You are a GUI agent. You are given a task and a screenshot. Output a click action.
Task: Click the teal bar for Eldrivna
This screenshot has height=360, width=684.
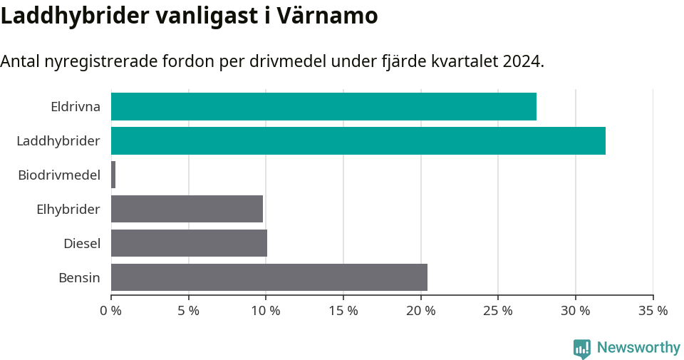(x=323, y=106)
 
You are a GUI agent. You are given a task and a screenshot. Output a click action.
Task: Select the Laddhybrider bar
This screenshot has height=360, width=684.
(x=358, y=140)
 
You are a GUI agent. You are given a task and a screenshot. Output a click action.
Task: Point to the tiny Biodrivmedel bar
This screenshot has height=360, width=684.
(x=113, y=175)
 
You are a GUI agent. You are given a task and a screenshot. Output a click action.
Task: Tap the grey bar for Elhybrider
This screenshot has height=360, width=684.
(x=187, y=209)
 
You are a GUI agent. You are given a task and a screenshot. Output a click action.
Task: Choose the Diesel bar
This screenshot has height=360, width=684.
(x=189, y=243)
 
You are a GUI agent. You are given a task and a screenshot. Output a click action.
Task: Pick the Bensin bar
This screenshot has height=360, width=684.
(x=269, y=277)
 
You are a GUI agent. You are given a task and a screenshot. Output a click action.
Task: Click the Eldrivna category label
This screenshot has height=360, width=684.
(x=76, y=107)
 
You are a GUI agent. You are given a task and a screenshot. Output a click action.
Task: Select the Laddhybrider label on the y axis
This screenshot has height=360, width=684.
(x=58, y=141)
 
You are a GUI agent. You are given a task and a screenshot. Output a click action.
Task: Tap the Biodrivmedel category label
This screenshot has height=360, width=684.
(x=59, y=175)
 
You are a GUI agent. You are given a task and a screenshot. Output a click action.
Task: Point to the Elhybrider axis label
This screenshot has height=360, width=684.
(x=68, y=210)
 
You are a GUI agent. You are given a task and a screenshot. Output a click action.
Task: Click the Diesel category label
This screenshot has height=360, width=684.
(x=82, y=244)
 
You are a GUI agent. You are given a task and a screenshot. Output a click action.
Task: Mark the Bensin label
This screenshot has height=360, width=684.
(x=79, y=278)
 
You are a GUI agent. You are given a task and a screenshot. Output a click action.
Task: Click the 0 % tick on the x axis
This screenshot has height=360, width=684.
(x=111, y=311)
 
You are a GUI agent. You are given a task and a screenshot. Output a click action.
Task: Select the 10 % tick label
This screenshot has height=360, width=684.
(x=266, y=311)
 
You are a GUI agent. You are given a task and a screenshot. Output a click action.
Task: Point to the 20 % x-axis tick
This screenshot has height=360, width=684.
(x=420, y=311)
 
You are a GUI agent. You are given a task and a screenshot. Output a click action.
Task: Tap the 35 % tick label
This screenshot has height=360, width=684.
(x=653, y=311)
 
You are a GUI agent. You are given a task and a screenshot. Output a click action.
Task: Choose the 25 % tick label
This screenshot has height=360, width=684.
(x=498, y=311)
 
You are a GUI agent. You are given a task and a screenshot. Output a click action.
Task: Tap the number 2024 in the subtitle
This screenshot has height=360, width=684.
(x=522, y=61)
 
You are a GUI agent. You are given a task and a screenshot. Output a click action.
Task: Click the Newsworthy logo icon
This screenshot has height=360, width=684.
(x=582, y=349)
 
